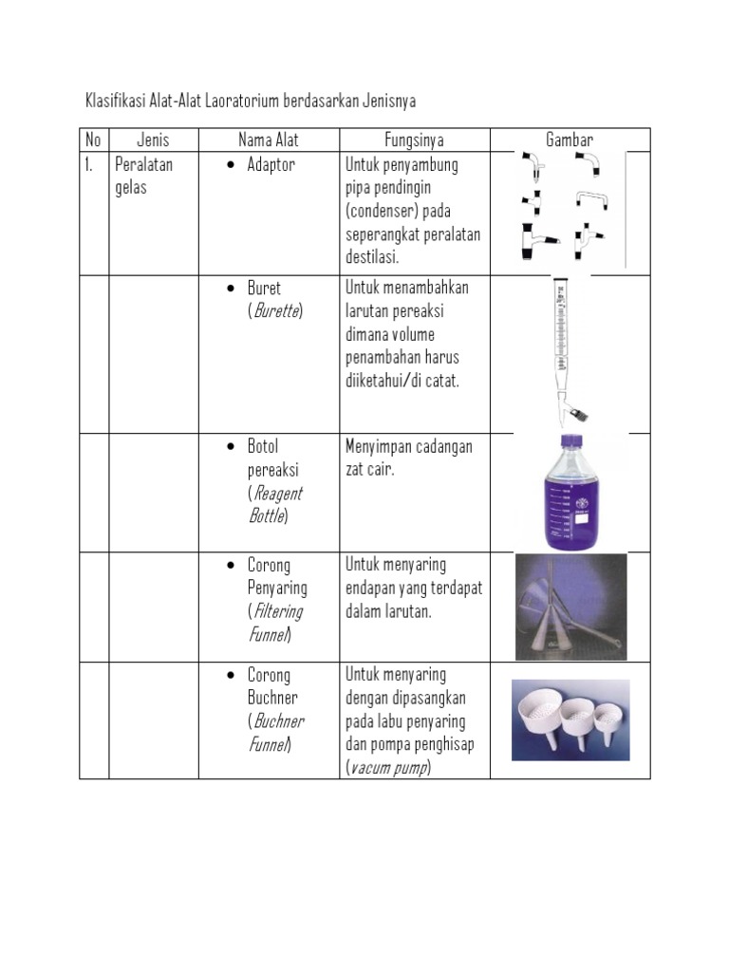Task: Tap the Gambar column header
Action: tap(570, 140)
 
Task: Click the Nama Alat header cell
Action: tap(269, 140)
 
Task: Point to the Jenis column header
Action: tap(153, 140)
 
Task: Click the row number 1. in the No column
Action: tap(92, 165)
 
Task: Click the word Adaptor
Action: tap(271, 165)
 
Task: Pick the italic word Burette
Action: tap(274, 311)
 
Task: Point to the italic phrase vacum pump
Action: tap(387, 768)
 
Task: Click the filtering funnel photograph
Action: tap(570, 606)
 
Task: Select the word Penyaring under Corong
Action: tap(277, 589)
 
